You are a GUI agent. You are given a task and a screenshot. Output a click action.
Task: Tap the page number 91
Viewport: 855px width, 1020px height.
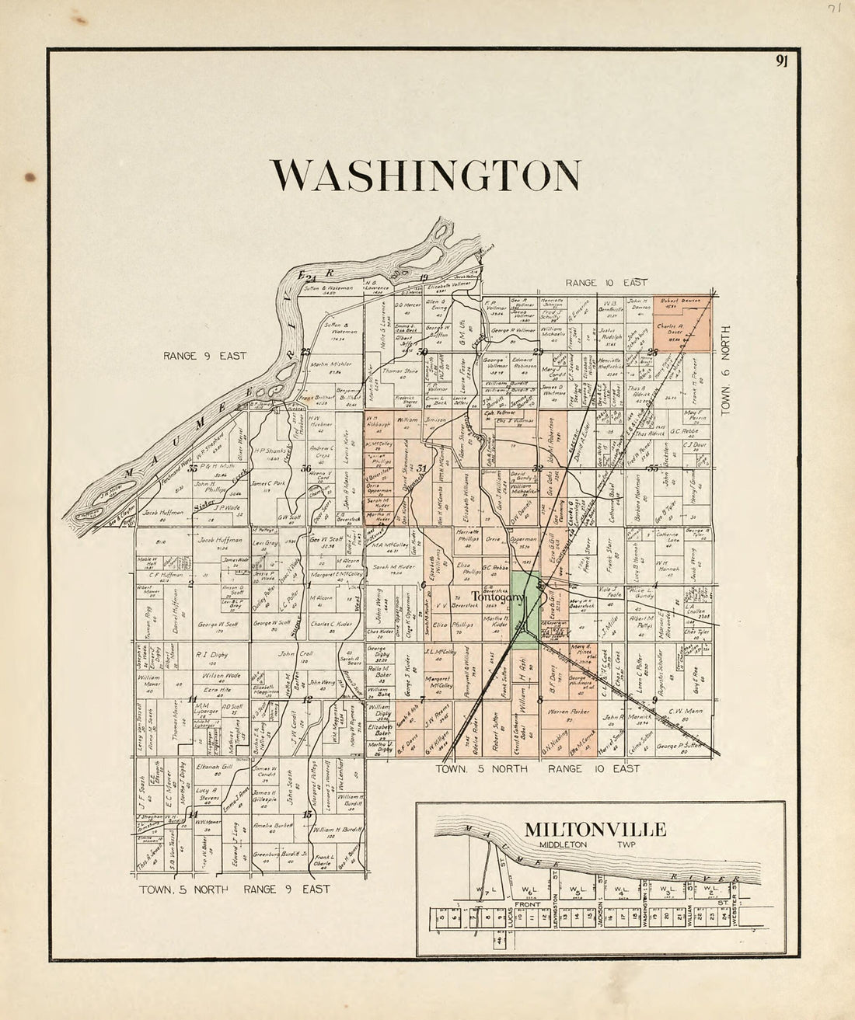(x=782, y=63)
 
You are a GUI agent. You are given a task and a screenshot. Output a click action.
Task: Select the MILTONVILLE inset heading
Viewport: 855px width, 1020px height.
(x=595, y=830)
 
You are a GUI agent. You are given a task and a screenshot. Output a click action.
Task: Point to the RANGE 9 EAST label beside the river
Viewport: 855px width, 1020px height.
(x=204, y=356)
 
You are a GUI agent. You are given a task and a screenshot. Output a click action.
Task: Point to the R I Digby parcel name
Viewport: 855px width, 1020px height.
(x=211, y=654)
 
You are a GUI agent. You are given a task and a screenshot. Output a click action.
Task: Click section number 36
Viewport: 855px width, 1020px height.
(x=306, y=468)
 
